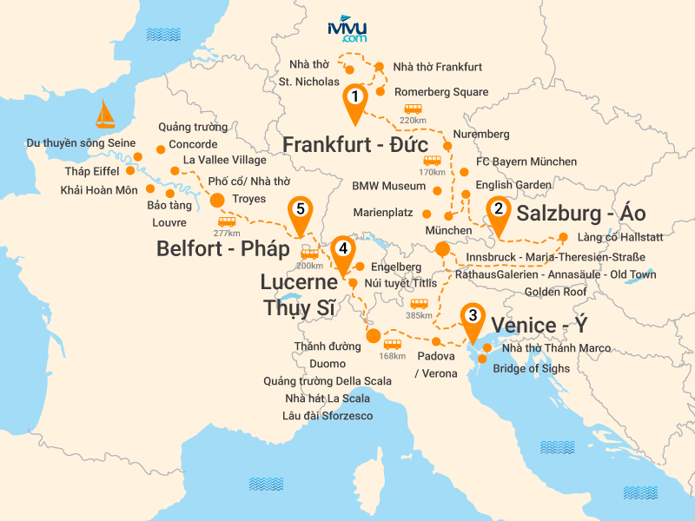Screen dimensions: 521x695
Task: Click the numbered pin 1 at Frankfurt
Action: click(x=354, y=98)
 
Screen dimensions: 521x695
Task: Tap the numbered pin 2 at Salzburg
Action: click(x=498, y=209)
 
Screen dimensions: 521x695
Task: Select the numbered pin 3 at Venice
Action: click(x=472, y=318)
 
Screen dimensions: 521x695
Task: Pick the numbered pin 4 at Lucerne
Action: click(x=344, y=249)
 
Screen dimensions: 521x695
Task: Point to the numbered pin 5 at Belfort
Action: click(x=301, y=210)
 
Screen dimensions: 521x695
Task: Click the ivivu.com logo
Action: click(x=347, y=30)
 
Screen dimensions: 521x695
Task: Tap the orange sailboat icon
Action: click(x=105, y=114)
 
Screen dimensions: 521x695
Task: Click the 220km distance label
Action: click(x=413, y=120)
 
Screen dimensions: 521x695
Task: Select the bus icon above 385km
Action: click(x=419, y=304)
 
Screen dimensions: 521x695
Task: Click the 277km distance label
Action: click(x=226, y=232)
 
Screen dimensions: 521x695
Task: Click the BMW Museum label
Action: click(x=388, y=186)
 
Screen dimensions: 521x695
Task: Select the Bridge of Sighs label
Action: click(x=531, y=368)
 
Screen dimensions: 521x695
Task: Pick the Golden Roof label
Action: click(x=555, y=292)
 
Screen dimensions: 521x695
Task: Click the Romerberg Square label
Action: click(x=441, y=92)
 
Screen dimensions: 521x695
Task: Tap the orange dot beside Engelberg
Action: click(x=360, y=267)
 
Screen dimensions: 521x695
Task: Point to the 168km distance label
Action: click(x=393, y=354)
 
